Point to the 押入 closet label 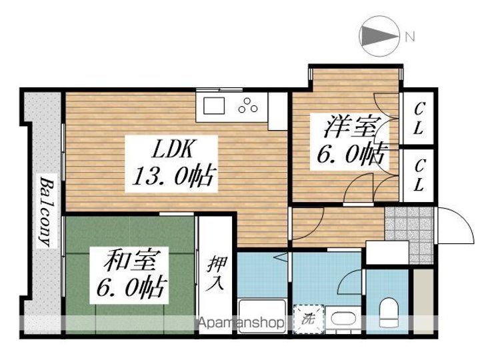point(217,273)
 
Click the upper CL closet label point(418,118)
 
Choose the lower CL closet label point(418,175)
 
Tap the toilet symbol point(388,311)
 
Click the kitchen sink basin point(215,106)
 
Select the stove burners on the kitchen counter point(249,105)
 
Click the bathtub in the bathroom point(262,315)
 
